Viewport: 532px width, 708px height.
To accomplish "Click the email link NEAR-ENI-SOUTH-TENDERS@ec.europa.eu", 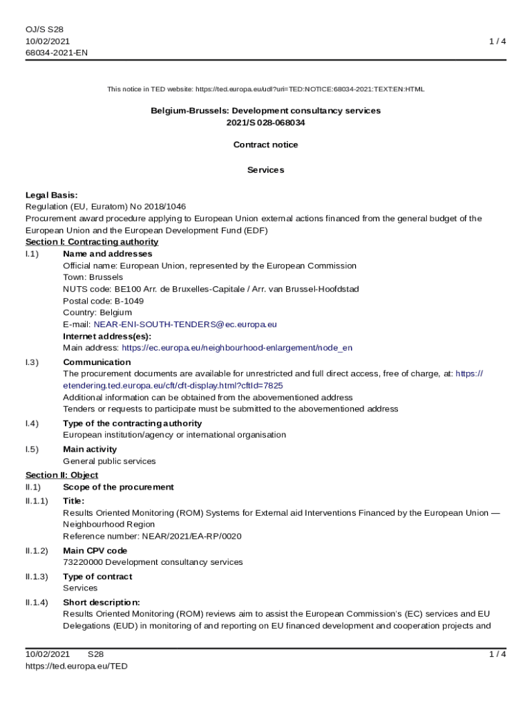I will point(185,324).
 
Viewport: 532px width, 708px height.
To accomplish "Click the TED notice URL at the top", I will point(310,89).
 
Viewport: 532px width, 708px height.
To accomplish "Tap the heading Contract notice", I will point(266,145).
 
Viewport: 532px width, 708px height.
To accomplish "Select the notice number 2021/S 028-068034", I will point(266,122).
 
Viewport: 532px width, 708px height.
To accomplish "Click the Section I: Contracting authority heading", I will point(92,242).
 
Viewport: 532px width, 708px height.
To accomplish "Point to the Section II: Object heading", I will point(62,475).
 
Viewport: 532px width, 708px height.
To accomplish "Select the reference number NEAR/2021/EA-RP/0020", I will point(192,536).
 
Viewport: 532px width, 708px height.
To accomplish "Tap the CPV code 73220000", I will point(82,562).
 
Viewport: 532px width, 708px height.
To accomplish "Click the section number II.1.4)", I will point(37,602).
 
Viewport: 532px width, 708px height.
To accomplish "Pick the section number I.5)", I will point(32,449).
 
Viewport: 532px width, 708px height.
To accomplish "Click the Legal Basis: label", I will point(52,195).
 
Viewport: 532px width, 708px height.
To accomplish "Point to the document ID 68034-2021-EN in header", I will point(57,53).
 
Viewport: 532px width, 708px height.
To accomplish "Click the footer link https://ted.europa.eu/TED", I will point(77,666).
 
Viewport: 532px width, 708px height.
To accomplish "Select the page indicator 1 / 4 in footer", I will point(497,654).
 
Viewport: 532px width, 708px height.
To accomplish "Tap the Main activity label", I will point(90,449).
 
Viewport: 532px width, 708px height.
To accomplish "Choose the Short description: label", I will point(102,602).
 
